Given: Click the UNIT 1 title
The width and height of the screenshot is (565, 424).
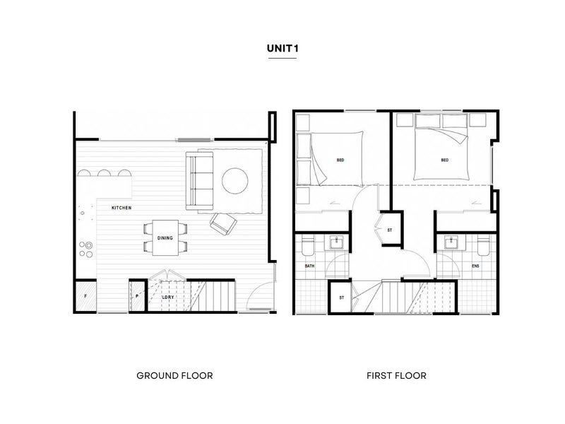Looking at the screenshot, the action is [282, 48].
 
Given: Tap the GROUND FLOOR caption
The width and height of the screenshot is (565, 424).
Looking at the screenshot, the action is [174, 376].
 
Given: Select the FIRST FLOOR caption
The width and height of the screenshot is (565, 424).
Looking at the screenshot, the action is [396, 376].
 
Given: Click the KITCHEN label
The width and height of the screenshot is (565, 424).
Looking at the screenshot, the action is [121, 208].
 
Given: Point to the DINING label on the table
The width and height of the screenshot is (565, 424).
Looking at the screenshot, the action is [165, 238].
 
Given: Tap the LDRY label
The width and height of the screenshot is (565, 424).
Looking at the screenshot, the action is [168, 297].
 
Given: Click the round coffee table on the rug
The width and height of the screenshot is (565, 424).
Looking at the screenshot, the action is [235, 181].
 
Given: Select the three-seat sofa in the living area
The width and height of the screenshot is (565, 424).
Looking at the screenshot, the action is [199, 181].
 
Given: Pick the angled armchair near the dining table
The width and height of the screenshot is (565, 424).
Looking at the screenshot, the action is [223, 224].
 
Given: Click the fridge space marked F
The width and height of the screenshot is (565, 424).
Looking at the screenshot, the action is [85, 296].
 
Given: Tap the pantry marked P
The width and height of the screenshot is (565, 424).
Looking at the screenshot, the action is [137, 296].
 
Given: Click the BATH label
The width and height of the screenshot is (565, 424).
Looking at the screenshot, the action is [309, 266].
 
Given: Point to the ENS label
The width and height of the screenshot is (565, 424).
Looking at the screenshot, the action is [475, 266].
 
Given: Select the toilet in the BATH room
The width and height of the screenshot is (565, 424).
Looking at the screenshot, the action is [308, 245].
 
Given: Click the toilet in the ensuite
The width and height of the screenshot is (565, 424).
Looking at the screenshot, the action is [484, 245].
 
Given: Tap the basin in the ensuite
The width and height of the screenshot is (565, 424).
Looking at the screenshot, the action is [451, 242].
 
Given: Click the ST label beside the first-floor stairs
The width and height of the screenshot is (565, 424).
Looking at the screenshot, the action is [342, 298].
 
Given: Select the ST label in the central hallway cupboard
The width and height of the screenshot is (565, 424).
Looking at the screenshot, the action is [390, 230].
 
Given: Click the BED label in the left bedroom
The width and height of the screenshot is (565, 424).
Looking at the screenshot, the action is [340, 160].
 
